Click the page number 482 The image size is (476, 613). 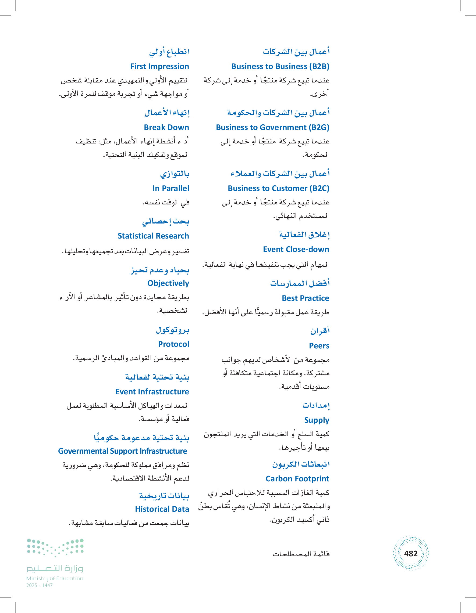411,553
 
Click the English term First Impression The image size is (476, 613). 159,67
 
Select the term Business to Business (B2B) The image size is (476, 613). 280,67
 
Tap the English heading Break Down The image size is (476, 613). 166,127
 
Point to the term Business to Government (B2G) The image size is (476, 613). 273,127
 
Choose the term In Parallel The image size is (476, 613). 170,188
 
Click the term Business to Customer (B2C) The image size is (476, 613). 278,188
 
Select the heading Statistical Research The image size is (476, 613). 153,236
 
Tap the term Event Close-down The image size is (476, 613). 296,249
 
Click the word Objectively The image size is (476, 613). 168,283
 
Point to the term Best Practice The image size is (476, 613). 306,298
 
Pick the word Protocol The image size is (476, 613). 173,344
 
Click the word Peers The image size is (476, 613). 319,346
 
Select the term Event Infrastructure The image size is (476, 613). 152,392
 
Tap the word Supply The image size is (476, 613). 317,420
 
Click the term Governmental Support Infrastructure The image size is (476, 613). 123,451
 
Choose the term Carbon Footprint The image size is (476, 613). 297,479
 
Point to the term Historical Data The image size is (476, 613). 162,509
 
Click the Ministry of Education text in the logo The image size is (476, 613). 55,578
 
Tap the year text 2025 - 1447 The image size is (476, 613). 40,586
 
